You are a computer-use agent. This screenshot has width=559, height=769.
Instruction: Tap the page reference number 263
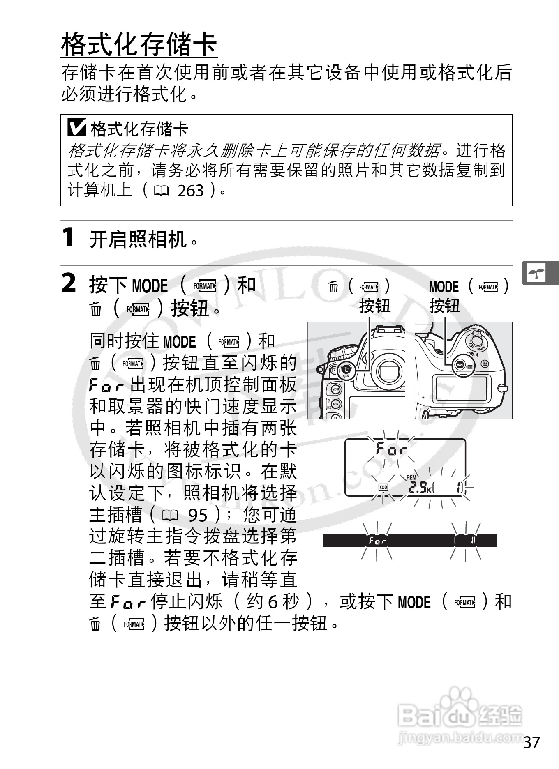coord(190,191)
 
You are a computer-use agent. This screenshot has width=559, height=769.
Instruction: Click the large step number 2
coord(69,283)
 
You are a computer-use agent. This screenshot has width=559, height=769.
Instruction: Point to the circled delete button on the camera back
coord(346,371)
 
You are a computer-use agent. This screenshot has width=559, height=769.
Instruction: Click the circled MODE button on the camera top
coord(461,365)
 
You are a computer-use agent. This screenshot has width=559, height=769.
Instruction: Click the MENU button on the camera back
coord(335,389)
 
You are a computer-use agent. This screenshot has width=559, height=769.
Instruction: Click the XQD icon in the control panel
coord(383,488)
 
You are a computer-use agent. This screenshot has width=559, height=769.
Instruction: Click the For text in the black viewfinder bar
coord(377,541)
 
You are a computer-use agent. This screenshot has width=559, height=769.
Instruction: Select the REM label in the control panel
coord(411,477)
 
